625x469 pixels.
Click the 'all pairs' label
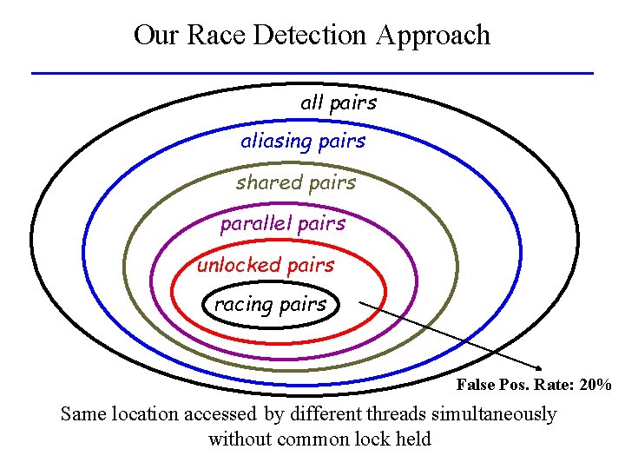click(x=339, y=102)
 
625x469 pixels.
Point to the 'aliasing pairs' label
click(x=303, y=141)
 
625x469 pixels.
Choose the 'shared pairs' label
click(x=295, y=182)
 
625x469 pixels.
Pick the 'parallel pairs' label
click(x=282, y=223)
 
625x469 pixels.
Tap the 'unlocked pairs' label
click(x=265, y=265)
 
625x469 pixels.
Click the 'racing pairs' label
click(x=270, y=304)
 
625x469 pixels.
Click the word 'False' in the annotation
click(x=476, y=385)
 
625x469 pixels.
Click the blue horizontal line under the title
click(x=312, y=72)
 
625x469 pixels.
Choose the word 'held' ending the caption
click(x=412, y=439)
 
